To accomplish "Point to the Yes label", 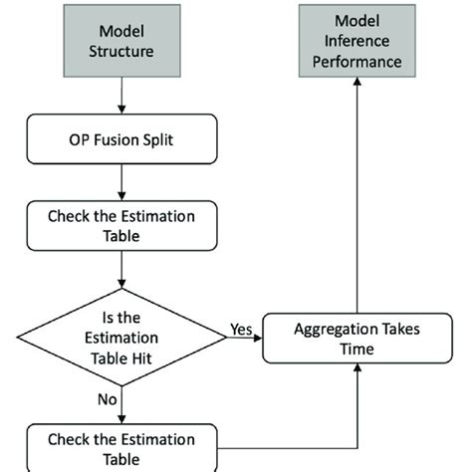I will [240, 326].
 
